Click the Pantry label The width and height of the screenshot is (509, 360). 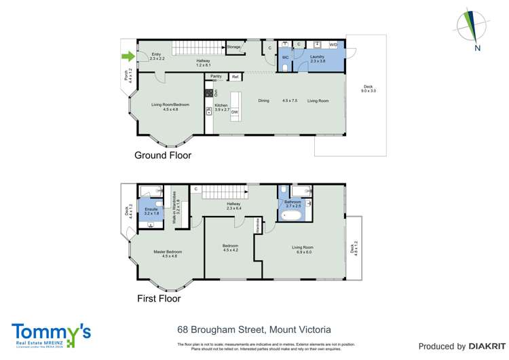pyautogui.click(x=216, y=76)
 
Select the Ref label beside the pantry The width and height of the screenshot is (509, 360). pyautogui.click(x=235, y=77)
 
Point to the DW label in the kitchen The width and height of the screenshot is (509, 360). pyautogui.click(x=234, y=112)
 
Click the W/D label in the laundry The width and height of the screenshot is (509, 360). pyautogui.click(x=333, y=45)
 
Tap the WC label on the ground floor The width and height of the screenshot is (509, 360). pyautogui.click(x=285, y=58)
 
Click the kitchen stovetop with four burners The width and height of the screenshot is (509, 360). pyautogui.click(x=209, y=92)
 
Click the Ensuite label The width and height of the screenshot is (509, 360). pyautogui.click(x=151, y=209)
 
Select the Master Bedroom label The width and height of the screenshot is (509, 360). pyautogui.click(x=167, y=253)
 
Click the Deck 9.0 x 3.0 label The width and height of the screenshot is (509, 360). pyautogui.click(x=369, y=88)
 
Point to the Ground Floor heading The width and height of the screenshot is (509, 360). pyautogui.click(x=162, y=156)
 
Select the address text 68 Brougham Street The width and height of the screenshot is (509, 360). pyautogui.click(x=219, y=328)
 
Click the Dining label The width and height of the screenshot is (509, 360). pyautogui.click(x=263, y=101)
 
